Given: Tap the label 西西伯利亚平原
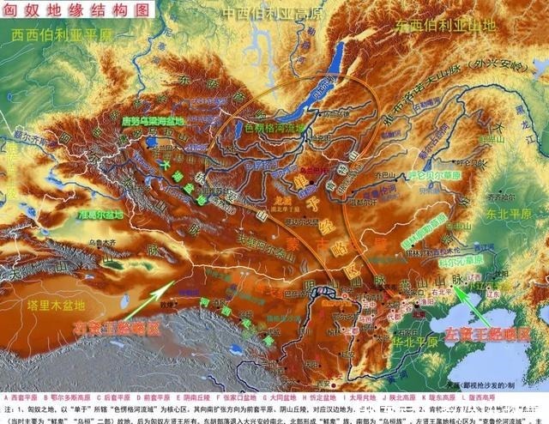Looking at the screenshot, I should point(62,37).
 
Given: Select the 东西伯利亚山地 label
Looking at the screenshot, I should point(446,27).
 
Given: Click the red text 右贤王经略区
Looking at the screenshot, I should point(117,328).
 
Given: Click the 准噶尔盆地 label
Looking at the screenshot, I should point(100,215).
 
